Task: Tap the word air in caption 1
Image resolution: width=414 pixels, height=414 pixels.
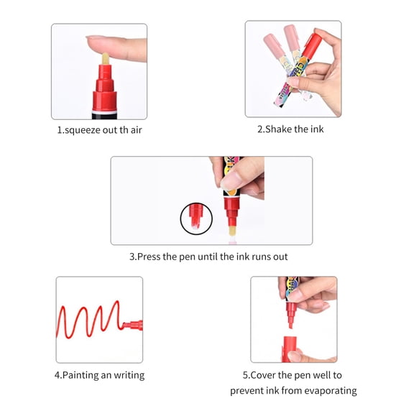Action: pyautogui.click(x=137, y=130)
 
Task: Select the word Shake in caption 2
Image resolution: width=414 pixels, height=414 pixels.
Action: pyautogui.click(x=278, y=129)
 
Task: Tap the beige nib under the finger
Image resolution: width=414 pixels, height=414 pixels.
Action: pyautogui.click(x=106, y=59)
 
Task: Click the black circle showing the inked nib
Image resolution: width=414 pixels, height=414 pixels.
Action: pyautogui.click(x=196, y=218)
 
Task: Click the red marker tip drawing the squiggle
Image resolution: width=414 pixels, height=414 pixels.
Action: pyautogui.click(x=133, y=325)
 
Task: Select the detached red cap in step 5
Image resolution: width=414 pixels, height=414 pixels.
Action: pyautogui.click(x=289, y=349)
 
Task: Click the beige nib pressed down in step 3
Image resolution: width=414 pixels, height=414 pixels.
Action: pyautogui.click(x=232, y=231)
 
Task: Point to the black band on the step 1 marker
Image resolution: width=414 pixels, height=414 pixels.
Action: pyautogui.click(x=104, y=116)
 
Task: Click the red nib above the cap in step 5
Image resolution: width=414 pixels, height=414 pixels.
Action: pyautogui.click(x=291, y=316)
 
